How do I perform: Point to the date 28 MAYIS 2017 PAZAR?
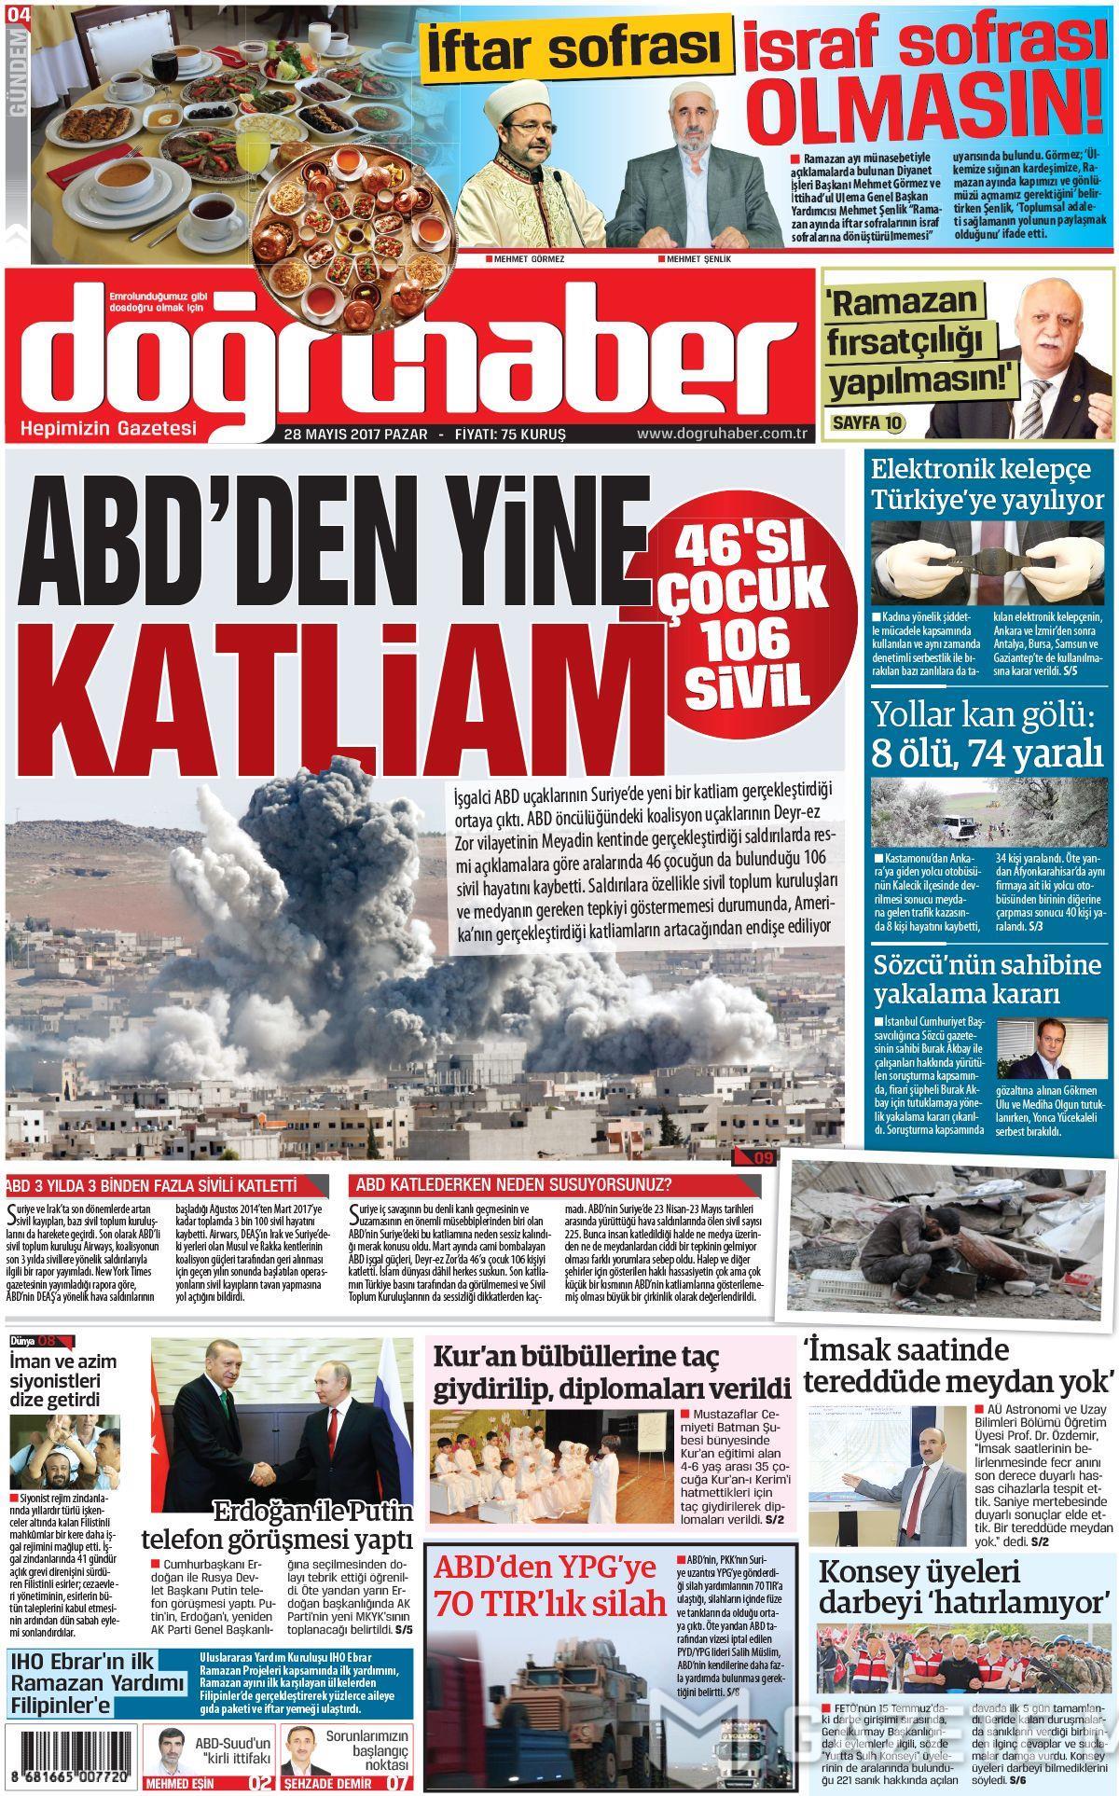click(354, 435)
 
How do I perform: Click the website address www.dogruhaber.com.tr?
click(722, 435)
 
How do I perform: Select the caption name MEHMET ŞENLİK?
click(700, 258)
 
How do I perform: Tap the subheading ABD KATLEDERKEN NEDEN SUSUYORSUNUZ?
click(522, 1186)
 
